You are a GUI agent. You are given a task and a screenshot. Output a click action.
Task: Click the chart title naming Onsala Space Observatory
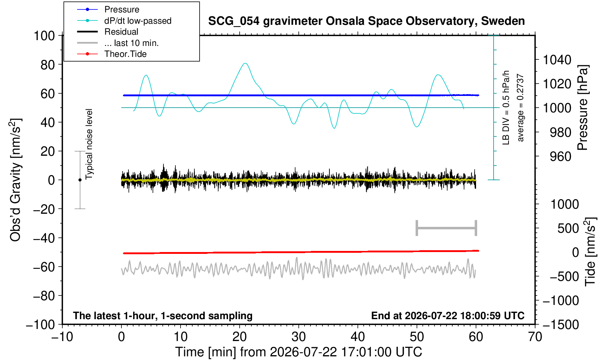pos(366,21)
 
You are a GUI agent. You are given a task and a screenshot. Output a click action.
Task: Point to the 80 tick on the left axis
pos(48,65)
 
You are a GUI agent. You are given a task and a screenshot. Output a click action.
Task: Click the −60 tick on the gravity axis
pos(44,267)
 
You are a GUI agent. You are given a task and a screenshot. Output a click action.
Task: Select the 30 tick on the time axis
pos(298,337)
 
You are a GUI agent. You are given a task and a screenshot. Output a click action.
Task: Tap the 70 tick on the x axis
pos(535,337)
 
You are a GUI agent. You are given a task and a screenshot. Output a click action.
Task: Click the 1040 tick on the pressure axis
pos(557,60)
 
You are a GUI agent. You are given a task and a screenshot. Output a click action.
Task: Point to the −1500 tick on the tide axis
pos(561,325)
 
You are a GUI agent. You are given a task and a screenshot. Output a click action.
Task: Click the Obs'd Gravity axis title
pos(16,180)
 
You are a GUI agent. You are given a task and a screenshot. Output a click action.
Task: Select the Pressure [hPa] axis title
pos(583,108)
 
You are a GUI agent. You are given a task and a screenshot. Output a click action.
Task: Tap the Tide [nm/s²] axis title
pos(590,252)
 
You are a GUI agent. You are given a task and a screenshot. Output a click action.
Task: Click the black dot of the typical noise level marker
pos(80,180)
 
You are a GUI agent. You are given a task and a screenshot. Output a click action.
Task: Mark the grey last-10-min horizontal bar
pos(447,228)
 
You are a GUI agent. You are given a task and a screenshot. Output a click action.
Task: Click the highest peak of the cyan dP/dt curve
pos(245,63)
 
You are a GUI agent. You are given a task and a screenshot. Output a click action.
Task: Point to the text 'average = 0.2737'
pos(520,108)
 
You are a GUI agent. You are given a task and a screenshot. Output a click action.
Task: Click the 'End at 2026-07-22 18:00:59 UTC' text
pos(448,316)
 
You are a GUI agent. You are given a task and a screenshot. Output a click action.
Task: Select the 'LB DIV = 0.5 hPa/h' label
pos(506,108)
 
